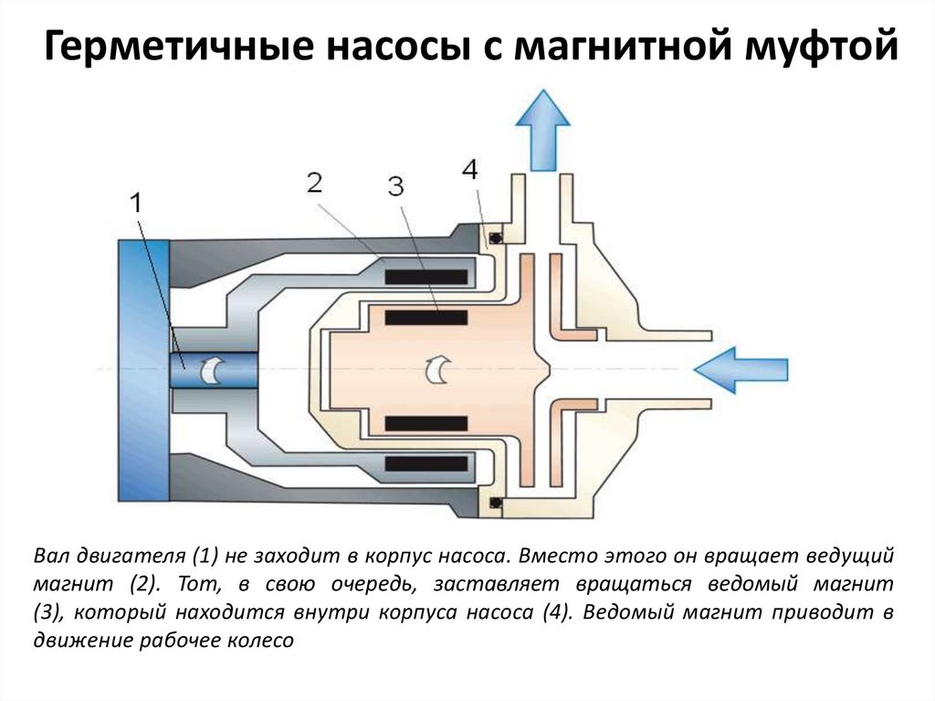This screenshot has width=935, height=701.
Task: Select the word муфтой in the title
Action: pos(822,47)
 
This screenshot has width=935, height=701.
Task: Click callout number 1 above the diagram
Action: pos(137,204)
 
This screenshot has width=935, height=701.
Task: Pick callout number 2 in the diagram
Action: pos(315,182)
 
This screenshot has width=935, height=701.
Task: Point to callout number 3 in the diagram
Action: pos(395,186)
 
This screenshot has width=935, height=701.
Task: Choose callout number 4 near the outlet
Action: pos(470,170)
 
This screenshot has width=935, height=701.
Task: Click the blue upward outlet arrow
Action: pos(542,130)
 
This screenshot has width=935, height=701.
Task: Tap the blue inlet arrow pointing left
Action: pos(741,370)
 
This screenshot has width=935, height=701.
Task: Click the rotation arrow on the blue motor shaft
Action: pos(212,370)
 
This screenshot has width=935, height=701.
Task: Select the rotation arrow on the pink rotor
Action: pos(436,370)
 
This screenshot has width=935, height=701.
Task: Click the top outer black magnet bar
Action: pos(425,276)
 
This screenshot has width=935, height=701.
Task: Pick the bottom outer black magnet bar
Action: pos(425,464)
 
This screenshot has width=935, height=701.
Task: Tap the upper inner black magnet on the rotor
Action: pos(425,318)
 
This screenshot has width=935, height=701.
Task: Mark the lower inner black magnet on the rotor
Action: pos(425,423)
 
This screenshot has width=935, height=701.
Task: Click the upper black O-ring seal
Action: pos(495,237)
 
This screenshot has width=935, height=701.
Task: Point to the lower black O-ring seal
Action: pos(495,503)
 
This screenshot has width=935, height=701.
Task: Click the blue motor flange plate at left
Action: pos(143,370)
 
